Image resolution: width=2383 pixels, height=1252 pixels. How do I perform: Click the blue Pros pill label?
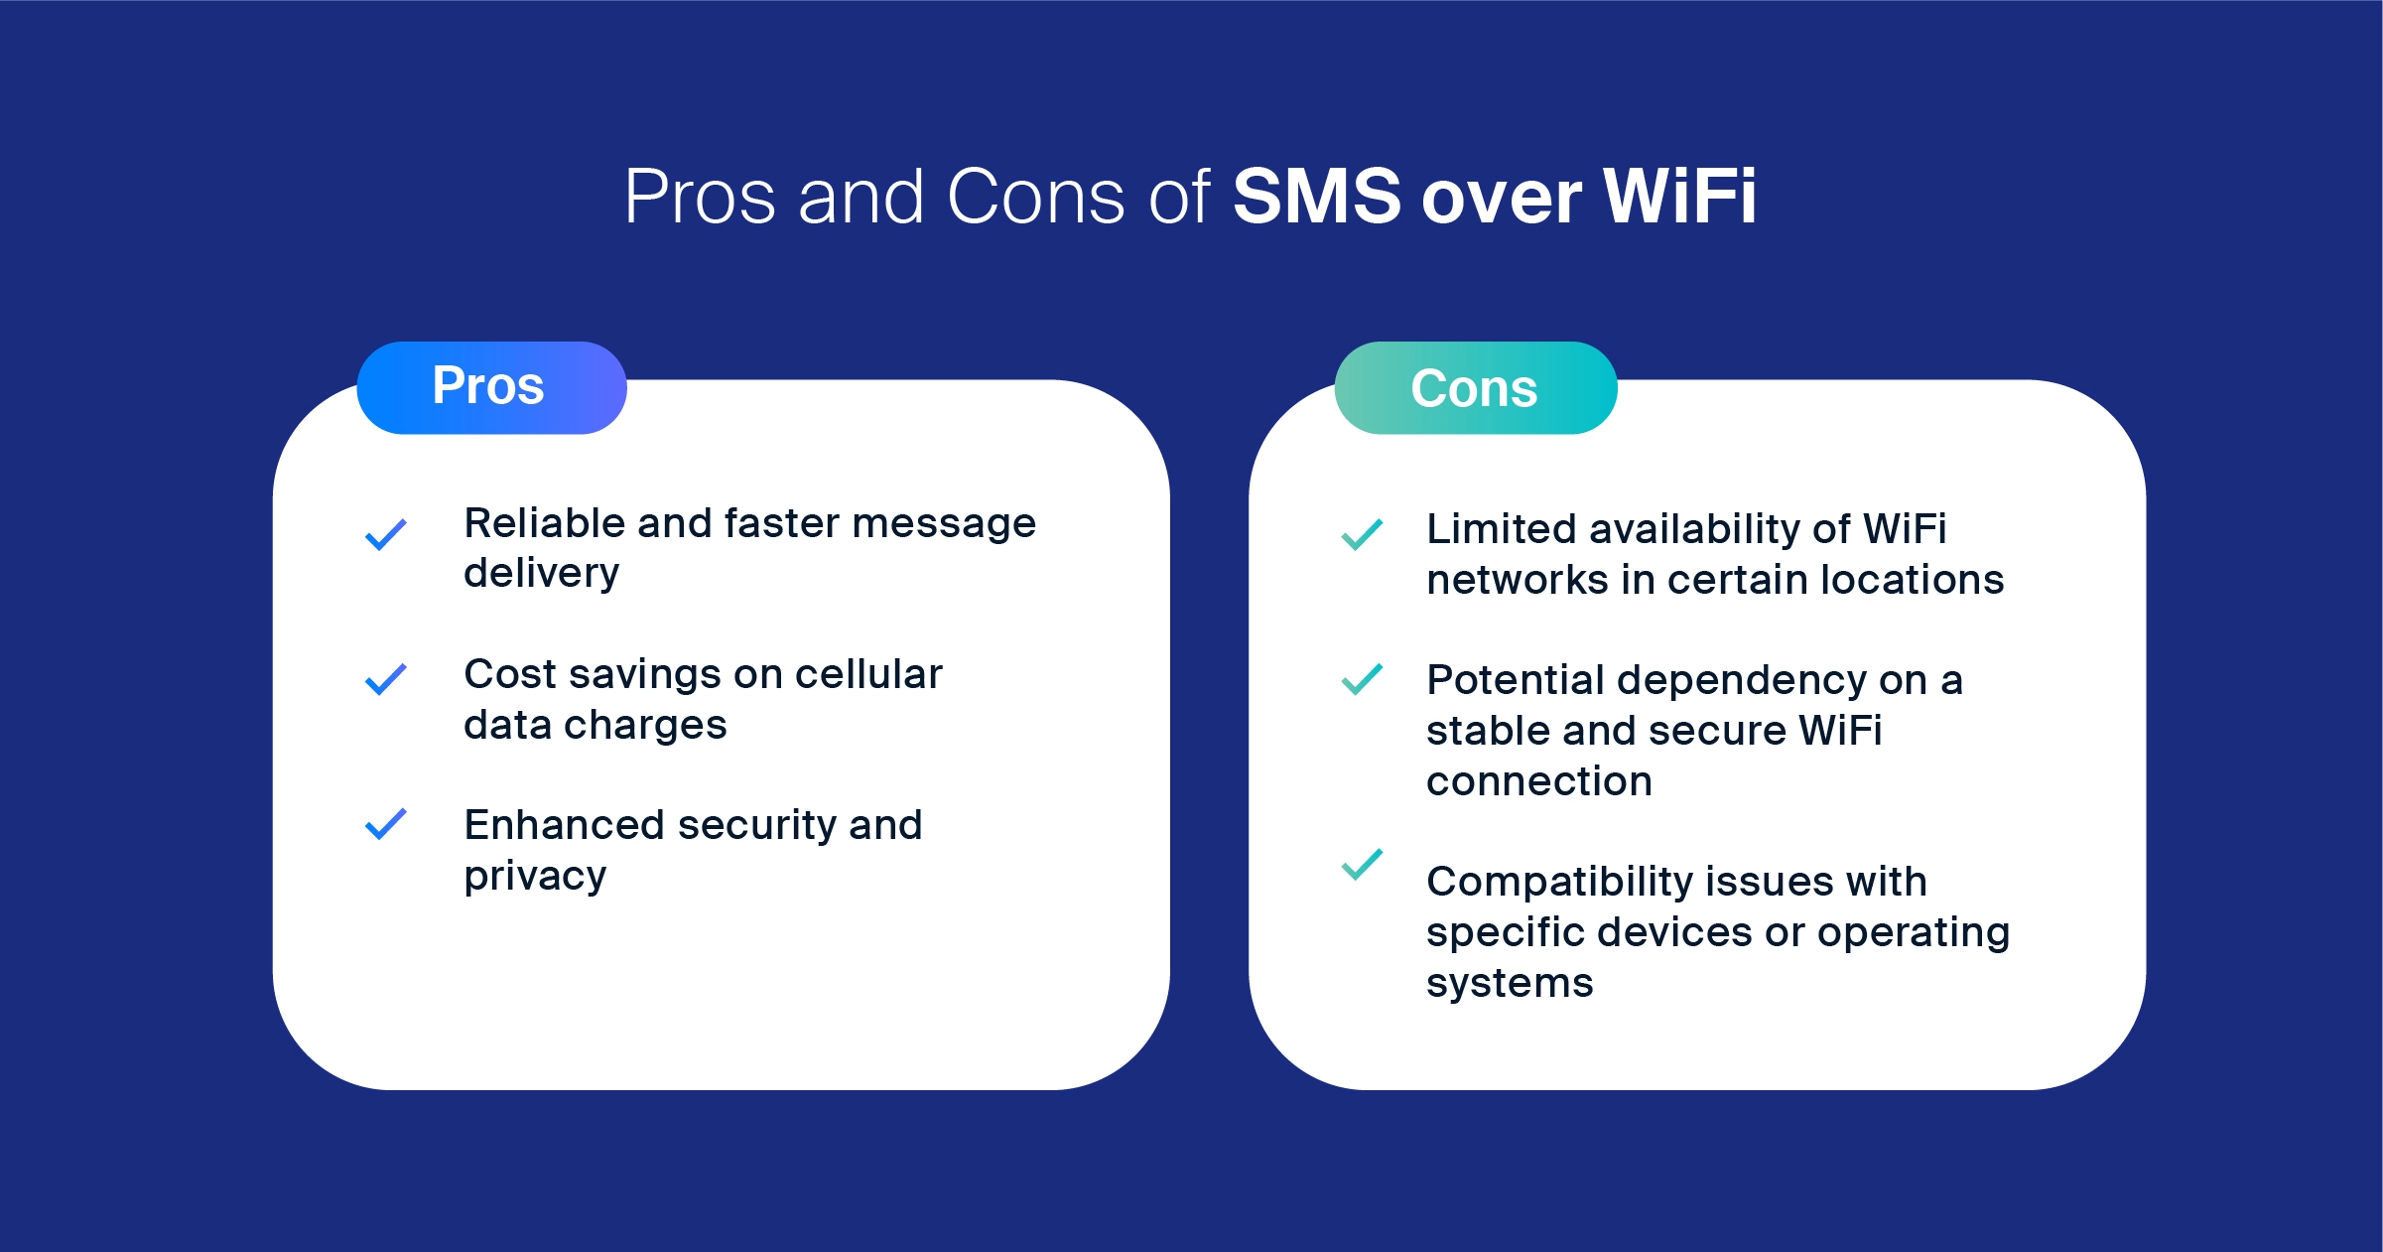point(491,387)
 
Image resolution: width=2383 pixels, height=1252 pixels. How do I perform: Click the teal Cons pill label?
point(1476,387)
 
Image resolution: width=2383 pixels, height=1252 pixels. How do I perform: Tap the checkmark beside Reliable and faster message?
point(386,534)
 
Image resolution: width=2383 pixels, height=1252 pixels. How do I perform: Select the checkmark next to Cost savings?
point(386,679)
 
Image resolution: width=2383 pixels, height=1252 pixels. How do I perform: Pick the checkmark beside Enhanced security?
point(386,824)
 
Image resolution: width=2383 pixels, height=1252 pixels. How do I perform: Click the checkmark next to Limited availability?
point(1362,534)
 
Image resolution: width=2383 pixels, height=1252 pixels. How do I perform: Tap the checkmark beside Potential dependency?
point(1362,679)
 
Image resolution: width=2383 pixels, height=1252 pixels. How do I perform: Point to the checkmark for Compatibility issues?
point(1362,864)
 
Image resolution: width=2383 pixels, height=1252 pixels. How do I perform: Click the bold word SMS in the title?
point(1316,197)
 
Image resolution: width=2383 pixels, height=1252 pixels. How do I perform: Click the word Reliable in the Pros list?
point(545,523)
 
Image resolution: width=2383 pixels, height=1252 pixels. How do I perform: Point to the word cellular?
point(868,674)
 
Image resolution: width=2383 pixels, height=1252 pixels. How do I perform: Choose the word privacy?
point(536,877)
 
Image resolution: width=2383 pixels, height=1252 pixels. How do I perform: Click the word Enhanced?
point(565,825)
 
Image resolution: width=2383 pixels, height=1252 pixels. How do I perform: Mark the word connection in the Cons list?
point(1539,782)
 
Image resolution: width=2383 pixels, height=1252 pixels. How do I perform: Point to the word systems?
point(1510,984)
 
